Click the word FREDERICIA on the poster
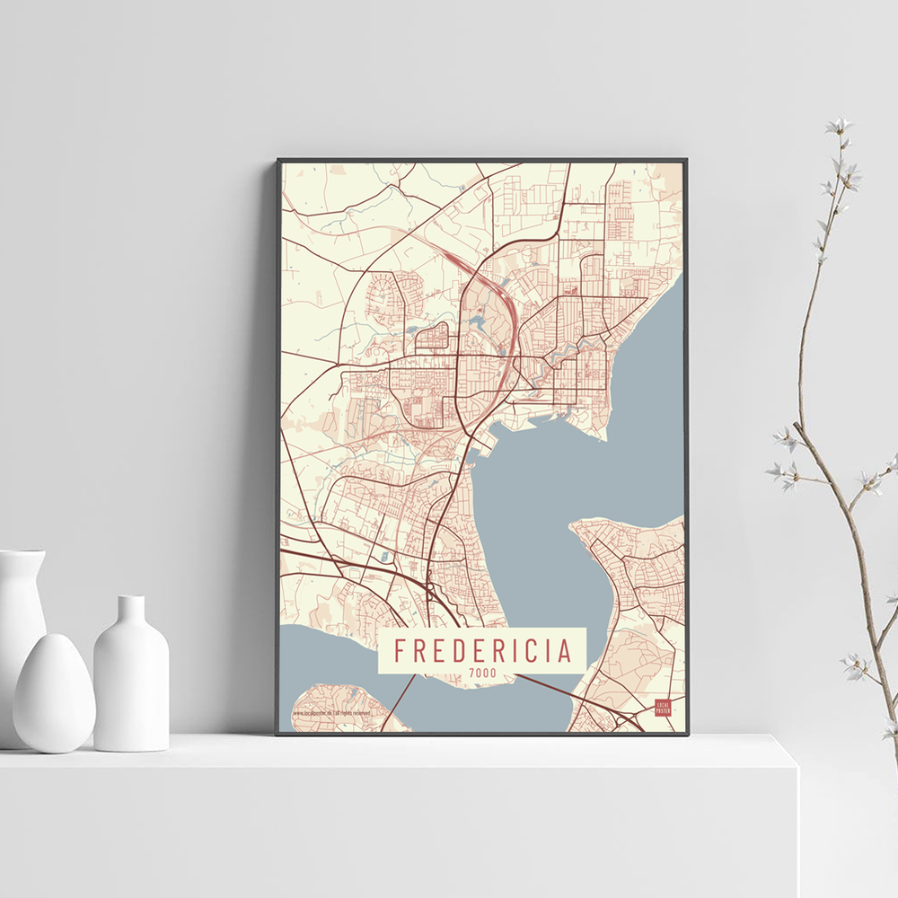pyautogui.click(x=482, y=649)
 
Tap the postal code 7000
pyautogui.click(x=482, y=674)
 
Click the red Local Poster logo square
pyautogui.click(x=664, y=707)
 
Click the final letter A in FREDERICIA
pyautogui.click(x=565, y=649)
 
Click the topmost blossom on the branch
pyautogui.click(x=840, y=125)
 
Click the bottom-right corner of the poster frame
pyautogui.click(x=687, y=734)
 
